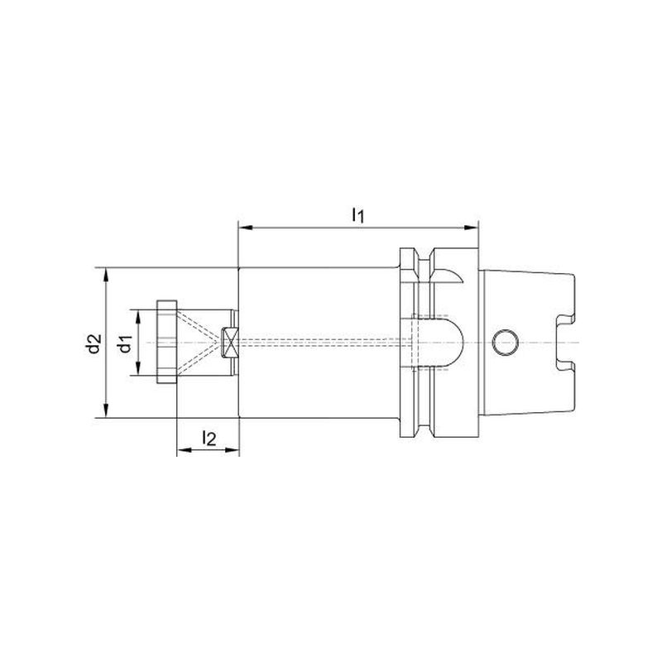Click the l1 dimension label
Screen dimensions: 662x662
coord(357,216)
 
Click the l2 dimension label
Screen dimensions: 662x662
coord(209,439)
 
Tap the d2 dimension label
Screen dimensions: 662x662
coord(94,343)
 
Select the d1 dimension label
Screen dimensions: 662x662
coord(126,343)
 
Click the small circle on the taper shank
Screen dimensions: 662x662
coord(506,343)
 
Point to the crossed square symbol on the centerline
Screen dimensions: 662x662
coord(230,343)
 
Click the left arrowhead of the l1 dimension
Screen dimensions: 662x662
coord(246,228)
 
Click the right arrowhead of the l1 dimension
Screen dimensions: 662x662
coord(471,228)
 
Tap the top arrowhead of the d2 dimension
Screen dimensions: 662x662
coord(106,275)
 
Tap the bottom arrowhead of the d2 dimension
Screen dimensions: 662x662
coord(106,410)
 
